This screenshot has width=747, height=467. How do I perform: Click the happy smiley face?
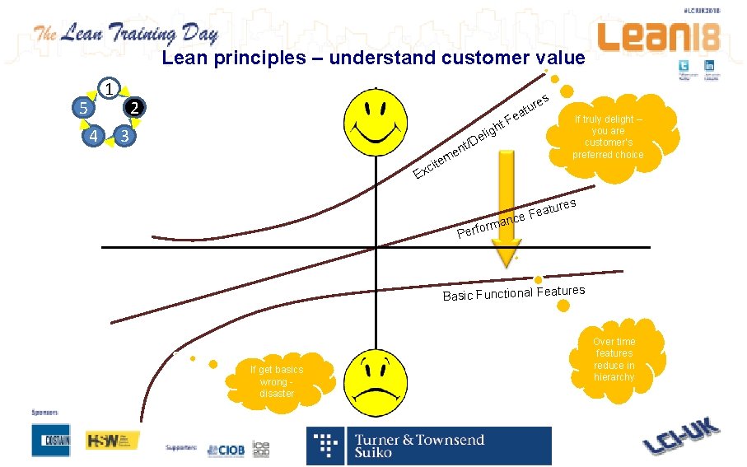(375, 121)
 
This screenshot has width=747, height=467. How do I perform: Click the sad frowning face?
(376, 379)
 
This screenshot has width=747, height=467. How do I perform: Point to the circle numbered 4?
(95, 135)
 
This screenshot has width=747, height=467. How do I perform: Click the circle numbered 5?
(81, 109)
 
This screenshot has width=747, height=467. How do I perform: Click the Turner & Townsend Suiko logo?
(429, 446)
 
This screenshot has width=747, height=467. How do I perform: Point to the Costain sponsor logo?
(51, 441)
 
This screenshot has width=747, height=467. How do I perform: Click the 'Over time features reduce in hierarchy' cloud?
(614, 359)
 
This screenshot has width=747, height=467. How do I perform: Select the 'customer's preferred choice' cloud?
(608, 137)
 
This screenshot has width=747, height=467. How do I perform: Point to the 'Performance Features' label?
(516, 217)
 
